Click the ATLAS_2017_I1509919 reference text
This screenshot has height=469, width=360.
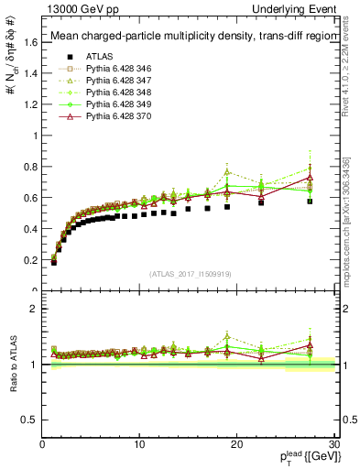(189, 274)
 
